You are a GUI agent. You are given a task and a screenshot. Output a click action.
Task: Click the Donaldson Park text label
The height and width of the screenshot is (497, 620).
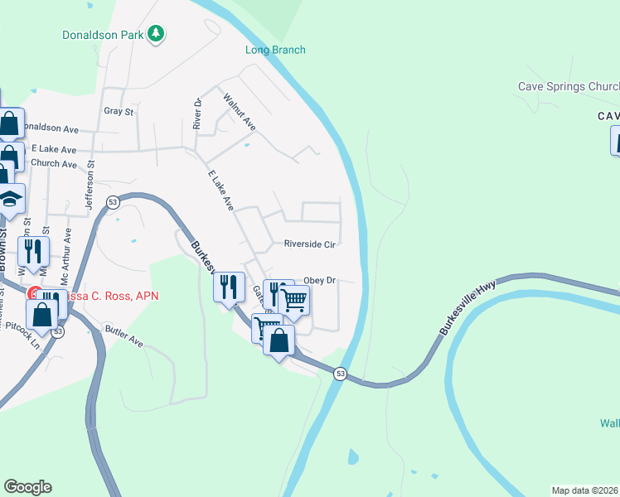point(103,35)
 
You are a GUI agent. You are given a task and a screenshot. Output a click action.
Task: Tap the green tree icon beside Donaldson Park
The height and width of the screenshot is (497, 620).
point(155,34)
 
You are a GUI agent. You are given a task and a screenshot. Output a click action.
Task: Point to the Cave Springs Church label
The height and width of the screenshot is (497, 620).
point(569,86)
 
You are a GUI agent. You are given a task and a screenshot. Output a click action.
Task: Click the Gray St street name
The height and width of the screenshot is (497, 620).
point(119,111)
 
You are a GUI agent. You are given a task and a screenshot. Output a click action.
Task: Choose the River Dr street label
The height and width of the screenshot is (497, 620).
point(197,114)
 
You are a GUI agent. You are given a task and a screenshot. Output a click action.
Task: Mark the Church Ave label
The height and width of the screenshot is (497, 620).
point(53,163)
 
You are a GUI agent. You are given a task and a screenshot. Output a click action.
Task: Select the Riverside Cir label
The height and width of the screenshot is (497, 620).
point(309,244)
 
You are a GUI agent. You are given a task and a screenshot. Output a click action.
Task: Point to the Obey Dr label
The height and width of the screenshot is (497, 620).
point(319,281)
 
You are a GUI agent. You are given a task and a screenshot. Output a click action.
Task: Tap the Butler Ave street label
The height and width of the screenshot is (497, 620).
point(124,335)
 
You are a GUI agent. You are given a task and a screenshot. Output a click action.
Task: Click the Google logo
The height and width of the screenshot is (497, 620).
point(27,486)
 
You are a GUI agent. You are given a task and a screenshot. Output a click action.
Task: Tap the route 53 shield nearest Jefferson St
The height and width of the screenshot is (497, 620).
point(111,202)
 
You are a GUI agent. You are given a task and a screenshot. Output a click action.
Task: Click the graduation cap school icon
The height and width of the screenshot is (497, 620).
point(10,200)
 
